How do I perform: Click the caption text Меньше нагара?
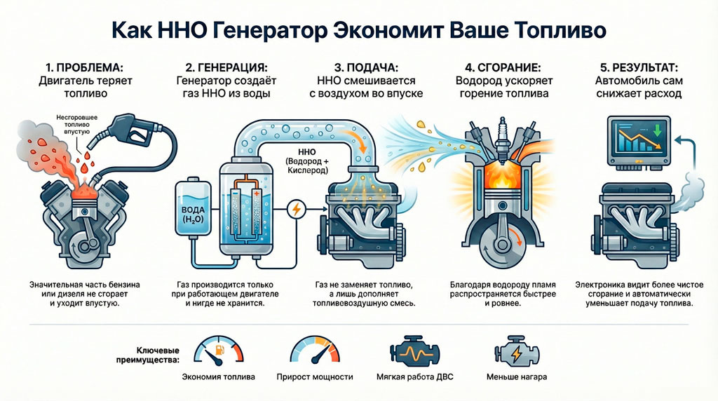click(517, 376)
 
